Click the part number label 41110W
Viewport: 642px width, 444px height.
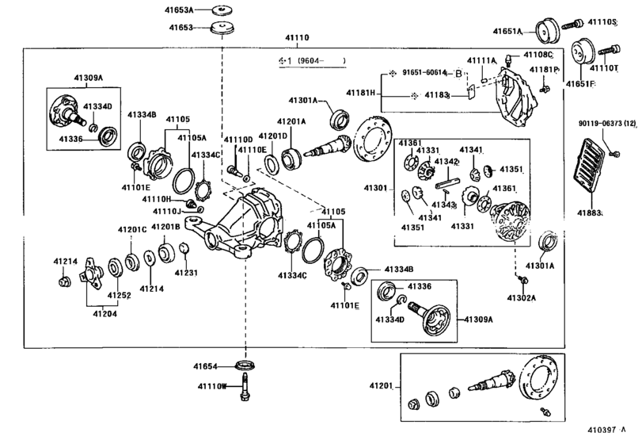click(x=211, y=386)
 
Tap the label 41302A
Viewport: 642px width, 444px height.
click(x=522, y=298)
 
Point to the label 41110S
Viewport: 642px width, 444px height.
click(x=602, y=22)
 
